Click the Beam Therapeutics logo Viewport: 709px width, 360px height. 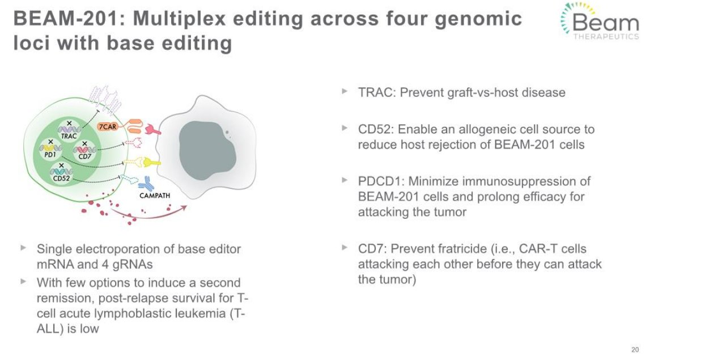tap(600, 21)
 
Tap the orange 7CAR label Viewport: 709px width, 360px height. tap(108, 126)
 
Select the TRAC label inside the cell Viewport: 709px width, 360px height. tap(69, 137)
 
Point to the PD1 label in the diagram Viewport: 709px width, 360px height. tap(50, 155)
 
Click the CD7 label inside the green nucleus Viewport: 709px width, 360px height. tap(84, 156)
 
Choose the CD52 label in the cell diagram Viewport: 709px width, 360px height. tap(61, 178)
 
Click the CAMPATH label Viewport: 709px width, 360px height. tap(155, 196)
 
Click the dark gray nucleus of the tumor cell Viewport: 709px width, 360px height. tap(207, 151)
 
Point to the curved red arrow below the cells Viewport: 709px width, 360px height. tap(148, 217)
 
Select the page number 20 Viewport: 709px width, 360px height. tap(635, 350)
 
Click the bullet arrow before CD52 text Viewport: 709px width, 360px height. tap(345, 128)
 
